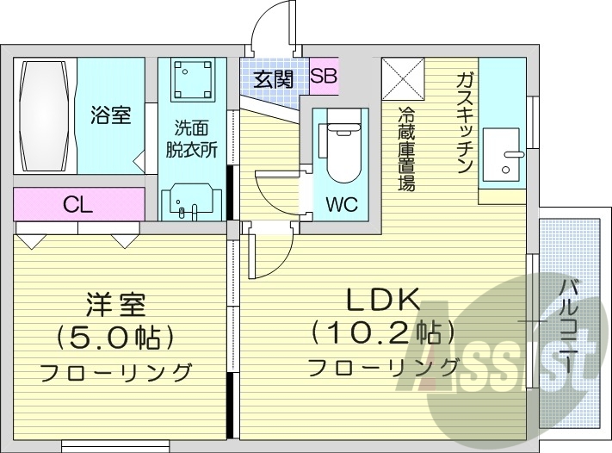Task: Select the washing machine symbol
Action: coord(190,80)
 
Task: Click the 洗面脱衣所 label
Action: coord(191,139)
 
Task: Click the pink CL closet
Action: coord(78,205)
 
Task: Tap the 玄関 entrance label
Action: coord(273,79)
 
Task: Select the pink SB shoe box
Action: coord(324,76)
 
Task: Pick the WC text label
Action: coord(342,206)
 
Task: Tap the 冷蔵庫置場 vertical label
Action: coord(405,148)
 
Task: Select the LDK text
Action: coord(383,300)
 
